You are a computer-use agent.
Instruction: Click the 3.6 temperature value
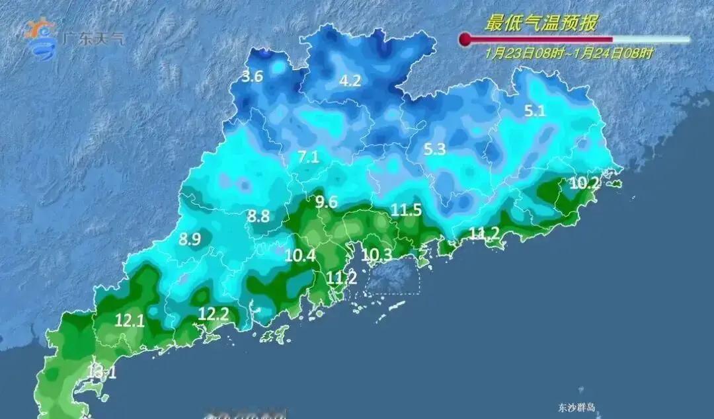click(x=252, y=77)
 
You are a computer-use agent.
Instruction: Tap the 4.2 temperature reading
click(x=350, y=81)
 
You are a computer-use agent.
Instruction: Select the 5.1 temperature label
click(x=534, y=111)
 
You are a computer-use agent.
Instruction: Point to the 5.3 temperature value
click(x=434, y=150)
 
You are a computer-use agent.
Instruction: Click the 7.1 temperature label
click(x=308, y=157)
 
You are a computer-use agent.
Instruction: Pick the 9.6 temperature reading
click(x=326, y=202)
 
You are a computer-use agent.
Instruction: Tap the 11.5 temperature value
click(x=406, y=211)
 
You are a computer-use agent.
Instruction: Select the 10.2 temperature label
click(x=584, y=184)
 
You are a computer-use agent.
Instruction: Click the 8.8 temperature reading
click(x=258, y=215)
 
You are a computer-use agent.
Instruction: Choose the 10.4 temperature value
click(x=299, y=255)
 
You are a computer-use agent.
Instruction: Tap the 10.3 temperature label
click(x=377, y=254)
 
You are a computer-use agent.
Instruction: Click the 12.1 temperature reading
click(x=130, y=321)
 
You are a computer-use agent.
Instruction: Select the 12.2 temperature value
click(x=214, y=315)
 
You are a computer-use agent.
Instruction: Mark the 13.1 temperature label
click(x=101, y=373)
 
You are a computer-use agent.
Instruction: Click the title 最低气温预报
click(x=541, y=24)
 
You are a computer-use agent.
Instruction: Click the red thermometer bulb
click(x=465, y=40)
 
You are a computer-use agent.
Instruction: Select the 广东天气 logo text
click(x=93, y=38)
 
